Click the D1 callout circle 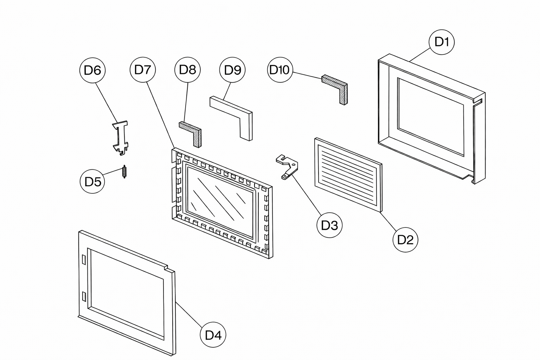coord(442,42)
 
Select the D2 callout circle coord(405,240)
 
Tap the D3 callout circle coord(329,225)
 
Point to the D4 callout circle coord(213,335)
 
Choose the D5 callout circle coord(92,181)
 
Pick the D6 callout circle coord(92,70)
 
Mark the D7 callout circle coord(143,70)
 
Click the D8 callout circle coord(187,70)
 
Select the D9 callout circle coord(232,70)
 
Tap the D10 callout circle coord(280,70)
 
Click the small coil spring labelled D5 coord(124,172)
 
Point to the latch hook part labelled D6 coord(120,137)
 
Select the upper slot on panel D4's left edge coord(84,260)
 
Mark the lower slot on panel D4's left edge coord(84,297)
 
